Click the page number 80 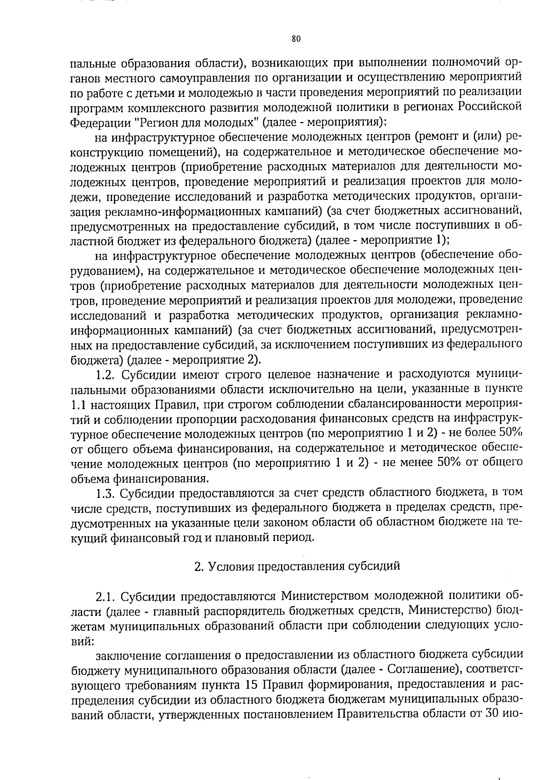coord(296,40)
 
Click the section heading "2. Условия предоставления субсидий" coord(297,566)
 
